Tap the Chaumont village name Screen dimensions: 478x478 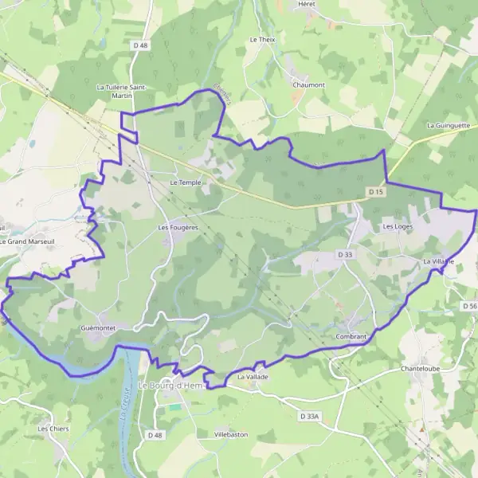(308, 84)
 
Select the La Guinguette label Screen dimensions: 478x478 (449, 125)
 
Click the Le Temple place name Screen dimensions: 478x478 (186, 182)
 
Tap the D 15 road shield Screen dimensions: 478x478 (376, 192)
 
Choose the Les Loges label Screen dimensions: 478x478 (398, 226)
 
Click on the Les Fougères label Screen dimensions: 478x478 (178, 227)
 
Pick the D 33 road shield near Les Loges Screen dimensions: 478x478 (344, 254)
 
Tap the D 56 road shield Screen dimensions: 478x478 (469, 305)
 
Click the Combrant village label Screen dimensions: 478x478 (351, 336)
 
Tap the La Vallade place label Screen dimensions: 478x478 (252, 375)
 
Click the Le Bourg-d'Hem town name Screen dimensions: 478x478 (172, 386)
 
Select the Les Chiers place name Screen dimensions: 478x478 (53, 429)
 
